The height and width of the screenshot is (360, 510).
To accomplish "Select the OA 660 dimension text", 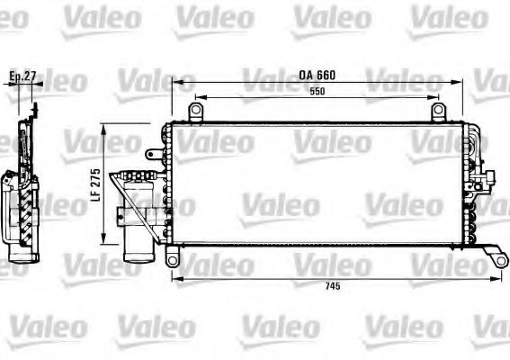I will pos(317,75).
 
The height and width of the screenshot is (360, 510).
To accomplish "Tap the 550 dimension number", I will pos(316,92).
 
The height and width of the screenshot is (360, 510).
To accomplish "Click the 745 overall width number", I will pos(335,287).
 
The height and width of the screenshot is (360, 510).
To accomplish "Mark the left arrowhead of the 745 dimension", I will pos(174,279).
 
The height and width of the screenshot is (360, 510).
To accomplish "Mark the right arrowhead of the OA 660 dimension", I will pos(461,82).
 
